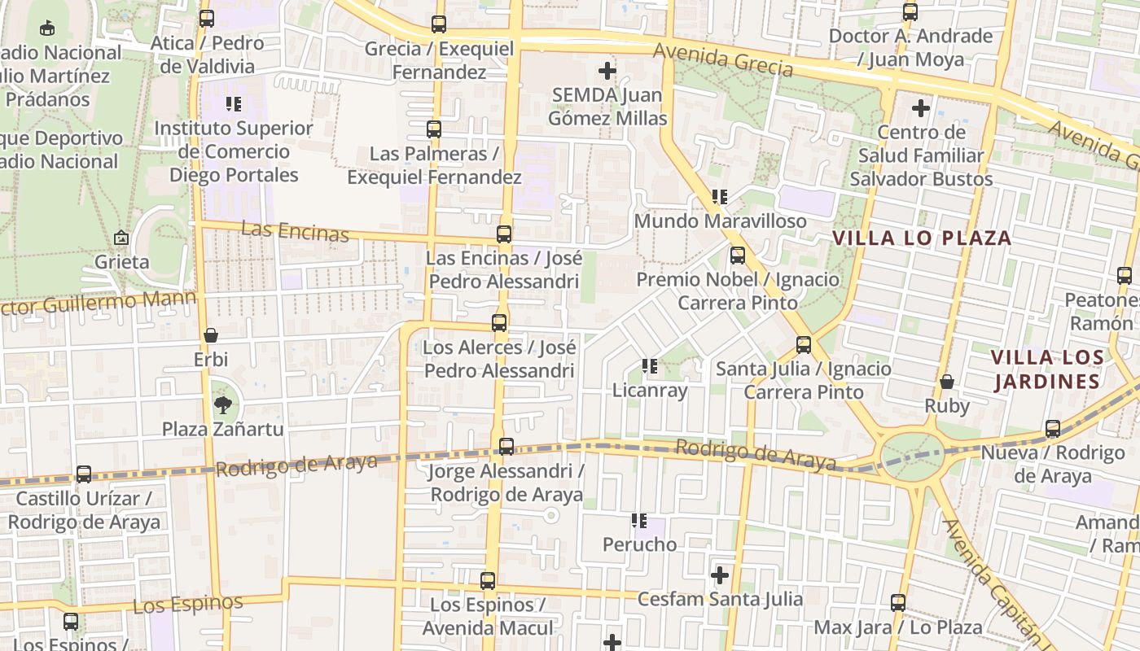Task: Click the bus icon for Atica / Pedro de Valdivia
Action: coord(207,19)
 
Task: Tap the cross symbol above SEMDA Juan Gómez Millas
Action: coord(607,71)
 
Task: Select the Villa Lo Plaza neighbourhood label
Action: coord(922,238)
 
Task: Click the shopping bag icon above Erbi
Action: coord(211,335)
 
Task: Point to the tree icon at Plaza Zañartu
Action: coord(221,404)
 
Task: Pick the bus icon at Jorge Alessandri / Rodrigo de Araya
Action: coord(506,447)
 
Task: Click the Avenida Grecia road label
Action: coord(723,60)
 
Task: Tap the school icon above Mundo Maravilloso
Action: coord(720,197)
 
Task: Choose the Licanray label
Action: coord(650,390)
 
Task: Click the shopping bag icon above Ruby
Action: coord(947,382)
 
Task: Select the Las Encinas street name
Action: coord(296,231)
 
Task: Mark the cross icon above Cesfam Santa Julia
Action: coord(720,575)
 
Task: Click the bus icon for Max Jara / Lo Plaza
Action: coord(898,603)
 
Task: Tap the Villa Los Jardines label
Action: coord(1047,369)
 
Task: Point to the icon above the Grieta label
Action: coord(121,238)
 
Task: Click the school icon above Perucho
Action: coord(639,520)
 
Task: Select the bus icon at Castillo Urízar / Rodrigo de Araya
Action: coord(84,474)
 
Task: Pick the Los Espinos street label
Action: coord(188,604)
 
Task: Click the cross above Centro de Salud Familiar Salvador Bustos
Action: coord(921,107)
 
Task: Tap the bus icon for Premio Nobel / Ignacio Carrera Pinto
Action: coord(738,256)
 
